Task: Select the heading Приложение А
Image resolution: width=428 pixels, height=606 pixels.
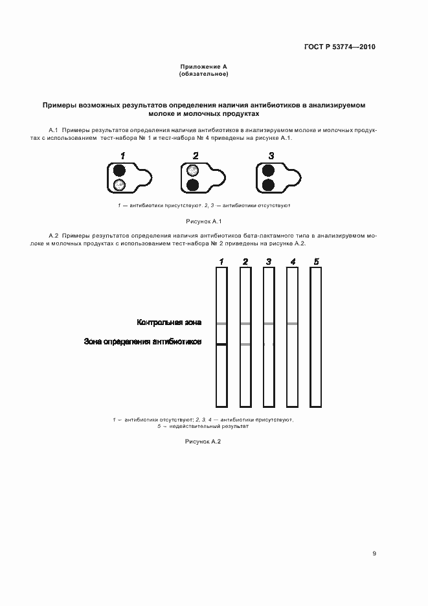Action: click(x=203, y=67)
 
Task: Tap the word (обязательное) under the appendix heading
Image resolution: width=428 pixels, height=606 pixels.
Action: click(x=203, y=74)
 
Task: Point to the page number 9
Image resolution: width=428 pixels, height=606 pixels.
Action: click(x=374, y=554)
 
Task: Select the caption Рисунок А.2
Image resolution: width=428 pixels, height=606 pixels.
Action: click(x=203, y=441)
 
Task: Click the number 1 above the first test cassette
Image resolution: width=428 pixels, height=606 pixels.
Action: click(x=122, y=155)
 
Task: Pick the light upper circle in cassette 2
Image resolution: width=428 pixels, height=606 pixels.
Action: click(x=192, y=171)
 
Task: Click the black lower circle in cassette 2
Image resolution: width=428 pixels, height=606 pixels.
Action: click(x=192, y=186)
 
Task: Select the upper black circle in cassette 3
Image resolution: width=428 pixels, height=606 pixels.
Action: click(x=268, y=171)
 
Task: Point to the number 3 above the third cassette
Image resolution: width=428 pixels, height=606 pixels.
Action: click(x=271, y=155)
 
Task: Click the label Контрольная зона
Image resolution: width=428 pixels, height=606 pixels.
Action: click(x=169, y=322)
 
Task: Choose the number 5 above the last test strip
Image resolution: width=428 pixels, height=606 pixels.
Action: click(x=316, y=262)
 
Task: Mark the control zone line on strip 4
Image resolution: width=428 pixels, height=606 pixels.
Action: click(x=292, y=323)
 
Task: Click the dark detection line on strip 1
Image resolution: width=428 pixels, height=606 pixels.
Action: click(x=221, y=344)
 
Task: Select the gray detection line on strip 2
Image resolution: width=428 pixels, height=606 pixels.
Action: click(x=245, y=344)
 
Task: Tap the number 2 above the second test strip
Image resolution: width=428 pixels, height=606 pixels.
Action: click(x=245, y=262)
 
